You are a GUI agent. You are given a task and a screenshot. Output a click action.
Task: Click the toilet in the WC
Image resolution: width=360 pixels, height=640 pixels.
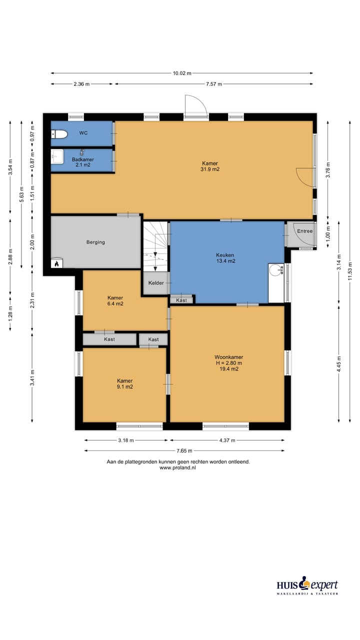tap(59, 134)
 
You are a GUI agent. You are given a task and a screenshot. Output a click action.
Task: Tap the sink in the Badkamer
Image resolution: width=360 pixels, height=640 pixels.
tap(57, 156)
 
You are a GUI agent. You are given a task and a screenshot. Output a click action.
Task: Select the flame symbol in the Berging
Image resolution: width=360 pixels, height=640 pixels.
tap(56, 263)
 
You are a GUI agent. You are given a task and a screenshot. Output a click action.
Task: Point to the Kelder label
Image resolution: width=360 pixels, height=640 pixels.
tap(156, 283)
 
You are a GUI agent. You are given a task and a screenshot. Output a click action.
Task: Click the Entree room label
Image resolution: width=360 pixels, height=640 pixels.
tap(305, 231)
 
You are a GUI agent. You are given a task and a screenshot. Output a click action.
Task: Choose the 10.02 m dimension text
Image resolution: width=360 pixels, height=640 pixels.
tap(182, 73)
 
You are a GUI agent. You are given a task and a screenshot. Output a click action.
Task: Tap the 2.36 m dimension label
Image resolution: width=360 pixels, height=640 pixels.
tap(81, 84)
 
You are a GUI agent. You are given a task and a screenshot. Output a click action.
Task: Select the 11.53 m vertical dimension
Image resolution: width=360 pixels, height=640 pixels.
tap(350, 271)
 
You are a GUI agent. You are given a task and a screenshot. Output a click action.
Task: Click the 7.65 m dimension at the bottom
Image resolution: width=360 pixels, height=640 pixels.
tap(184, 451)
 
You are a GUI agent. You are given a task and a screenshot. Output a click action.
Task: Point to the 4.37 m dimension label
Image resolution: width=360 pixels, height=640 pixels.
tap(227, 440)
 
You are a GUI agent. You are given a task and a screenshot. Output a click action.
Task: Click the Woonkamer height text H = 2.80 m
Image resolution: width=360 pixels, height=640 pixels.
tap(229, 363)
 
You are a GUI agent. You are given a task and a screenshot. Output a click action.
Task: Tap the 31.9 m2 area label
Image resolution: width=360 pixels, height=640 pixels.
tap(210, 169)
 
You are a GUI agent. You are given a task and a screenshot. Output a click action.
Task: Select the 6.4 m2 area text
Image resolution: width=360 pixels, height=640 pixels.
tap(115, 303)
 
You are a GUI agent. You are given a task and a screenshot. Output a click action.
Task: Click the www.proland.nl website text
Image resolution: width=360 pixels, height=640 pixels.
tap(177, 467)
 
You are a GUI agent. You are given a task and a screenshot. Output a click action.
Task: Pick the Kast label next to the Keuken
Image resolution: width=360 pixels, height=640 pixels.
tap(181, 300)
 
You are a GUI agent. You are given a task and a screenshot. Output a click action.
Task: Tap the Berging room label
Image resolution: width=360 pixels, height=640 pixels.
tap(95, 242)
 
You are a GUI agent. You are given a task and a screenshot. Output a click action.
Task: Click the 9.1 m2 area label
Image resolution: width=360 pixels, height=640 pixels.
tap(125, 387)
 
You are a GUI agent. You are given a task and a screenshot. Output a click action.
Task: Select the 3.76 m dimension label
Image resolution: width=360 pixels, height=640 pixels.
tap(328, 170)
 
